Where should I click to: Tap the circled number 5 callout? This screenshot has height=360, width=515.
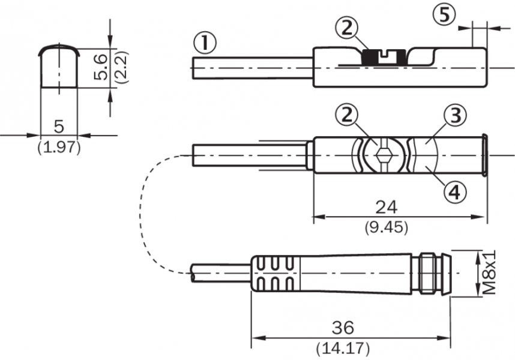tap(444, 14)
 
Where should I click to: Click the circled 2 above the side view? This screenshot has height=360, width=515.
tap(347, 27)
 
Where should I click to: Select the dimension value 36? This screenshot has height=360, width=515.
tap(343, 328)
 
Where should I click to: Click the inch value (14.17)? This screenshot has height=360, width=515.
tap(343, 347)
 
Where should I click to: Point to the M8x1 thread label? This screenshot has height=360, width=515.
tap(490, 272)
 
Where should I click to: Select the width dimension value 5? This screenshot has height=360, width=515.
tap(59, 126)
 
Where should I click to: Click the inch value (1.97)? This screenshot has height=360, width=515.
tap(59, 147)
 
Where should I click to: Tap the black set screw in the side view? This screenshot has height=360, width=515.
tap(378, 58)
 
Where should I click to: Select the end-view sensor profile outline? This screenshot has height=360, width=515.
tap(59, 66)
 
